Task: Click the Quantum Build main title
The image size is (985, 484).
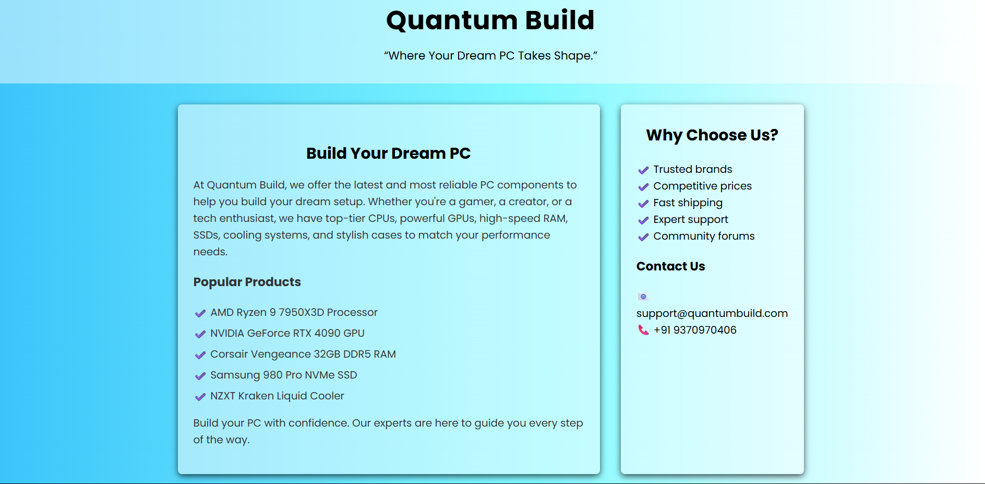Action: [x=490, y=21]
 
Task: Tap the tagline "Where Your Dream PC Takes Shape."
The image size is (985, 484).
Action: [x=490, y=56]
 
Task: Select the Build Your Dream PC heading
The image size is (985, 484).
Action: [x=389, y=154]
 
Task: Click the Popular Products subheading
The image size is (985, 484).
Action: [x=247, y=282]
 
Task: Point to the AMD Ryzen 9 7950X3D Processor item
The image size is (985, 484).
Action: [x=294, y=312]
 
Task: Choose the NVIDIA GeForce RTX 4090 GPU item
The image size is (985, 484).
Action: [x=287, y=333]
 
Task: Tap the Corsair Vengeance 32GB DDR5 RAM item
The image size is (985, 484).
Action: [x=303, y=354]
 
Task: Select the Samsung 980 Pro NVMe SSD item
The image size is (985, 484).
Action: [x=284, y=375]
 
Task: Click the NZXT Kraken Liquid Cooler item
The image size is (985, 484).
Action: [x=277, y=396]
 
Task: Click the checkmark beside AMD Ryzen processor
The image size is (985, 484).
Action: [x=200, y=313]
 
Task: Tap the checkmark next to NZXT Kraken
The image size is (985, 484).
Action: [x=200, y=397]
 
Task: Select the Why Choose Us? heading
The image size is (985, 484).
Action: [x=712, y=135]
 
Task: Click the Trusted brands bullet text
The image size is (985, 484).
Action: [x=693, y=169]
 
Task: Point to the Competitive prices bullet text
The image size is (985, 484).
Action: [x=703, y=186]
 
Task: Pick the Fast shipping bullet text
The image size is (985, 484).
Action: [x=688, y=203]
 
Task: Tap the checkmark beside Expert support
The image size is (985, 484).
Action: [x=643, y=220]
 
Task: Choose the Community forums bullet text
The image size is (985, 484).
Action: [x=704, y=236]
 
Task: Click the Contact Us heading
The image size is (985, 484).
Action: [x=671, y=266]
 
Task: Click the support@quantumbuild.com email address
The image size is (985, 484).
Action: [x=712, y=313]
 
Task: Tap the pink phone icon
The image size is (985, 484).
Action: [x=644, y=330]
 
